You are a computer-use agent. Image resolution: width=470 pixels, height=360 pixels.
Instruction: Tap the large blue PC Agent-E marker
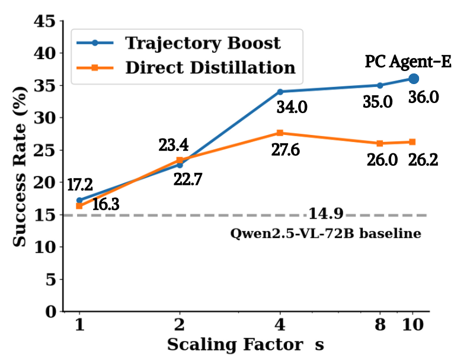click(413, 79)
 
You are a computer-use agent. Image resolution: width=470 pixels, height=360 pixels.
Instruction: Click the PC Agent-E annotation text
click(408, 61)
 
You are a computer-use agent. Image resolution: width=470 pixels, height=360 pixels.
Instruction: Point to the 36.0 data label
click(423, 97)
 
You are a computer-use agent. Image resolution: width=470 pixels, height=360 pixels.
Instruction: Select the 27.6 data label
click(284, 150)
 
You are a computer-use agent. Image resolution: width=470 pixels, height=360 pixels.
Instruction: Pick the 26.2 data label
click(423, 160)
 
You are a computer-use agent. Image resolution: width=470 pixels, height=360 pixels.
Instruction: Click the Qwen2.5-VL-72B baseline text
click(325, 233)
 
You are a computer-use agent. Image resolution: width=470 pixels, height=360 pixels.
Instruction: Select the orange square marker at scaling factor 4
click(280, 133)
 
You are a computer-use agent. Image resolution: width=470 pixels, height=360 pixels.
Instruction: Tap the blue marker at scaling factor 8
click(380, 85)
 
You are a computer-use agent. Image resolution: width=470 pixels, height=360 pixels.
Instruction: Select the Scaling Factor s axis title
click(245, 344)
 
